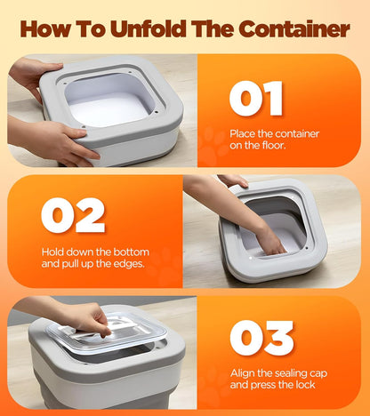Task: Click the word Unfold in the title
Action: coord(154,28)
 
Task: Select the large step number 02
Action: coord(72,215)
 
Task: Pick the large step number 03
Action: coord(261,338)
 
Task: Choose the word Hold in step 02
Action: coord(54,252)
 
